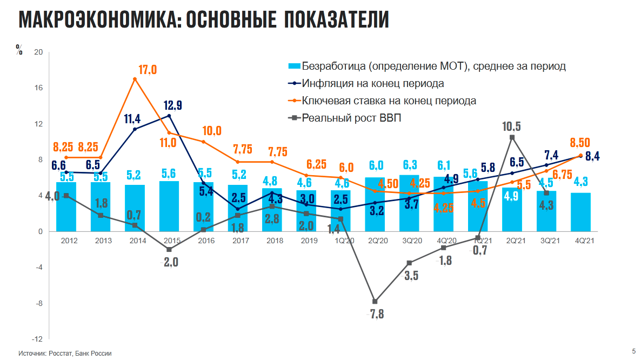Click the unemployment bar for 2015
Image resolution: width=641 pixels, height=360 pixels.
(x=169, y=206)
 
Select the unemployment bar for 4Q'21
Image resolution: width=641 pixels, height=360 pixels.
(x=580, y=212)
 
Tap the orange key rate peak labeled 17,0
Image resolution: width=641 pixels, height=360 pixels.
(x=135, y=79)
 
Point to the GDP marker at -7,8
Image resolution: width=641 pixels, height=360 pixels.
(x=375, y=302)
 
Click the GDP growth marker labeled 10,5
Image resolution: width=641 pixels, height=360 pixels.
(x=512, y=137)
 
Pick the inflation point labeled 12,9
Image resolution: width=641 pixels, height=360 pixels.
(x=169, y=115)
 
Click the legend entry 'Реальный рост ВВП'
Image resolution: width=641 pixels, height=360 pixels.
(x=352, y=118)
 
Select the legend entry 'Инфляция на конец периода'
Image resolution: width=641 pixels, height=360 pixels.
(x=373, y=84)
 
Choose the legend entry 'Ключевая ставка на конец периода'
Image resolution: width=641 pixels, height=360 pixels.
(x=389, y=101)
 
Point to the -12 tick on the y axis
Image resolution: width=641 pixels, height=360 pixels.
(x=38, y=339)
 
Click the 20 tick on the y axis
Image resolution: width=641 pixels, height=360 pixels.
(x=38, y=52)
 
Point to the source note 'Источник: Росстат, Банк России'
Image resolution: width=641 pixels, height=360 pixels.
(x=65, y=353)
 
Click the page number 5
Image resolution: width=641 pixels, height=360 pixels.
(x=633, y=351)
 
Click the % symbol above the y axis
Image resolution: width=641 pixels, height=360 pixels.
(x=19, y=51)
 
